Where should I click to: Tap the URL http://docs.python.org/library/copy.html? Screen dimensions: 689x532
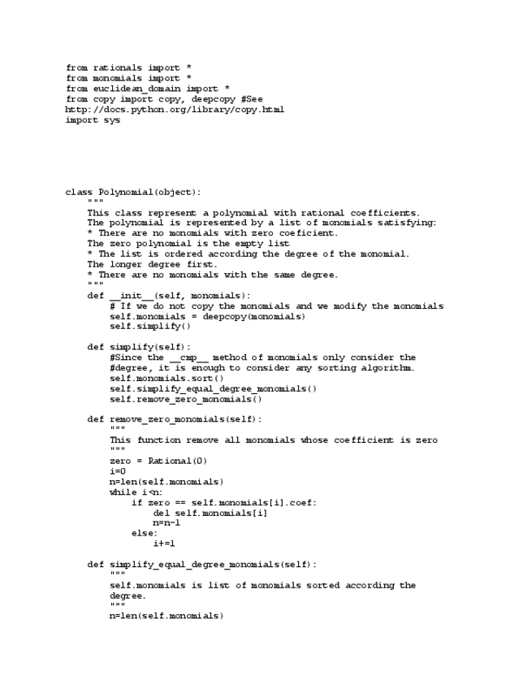point(175,110)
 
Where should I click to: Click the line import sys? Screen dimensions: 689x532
point(93,120)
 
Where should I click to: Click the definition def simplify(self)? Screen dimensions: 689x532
point(139,348)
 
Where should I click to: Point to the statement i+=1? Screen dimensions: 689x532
point(164,544)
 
